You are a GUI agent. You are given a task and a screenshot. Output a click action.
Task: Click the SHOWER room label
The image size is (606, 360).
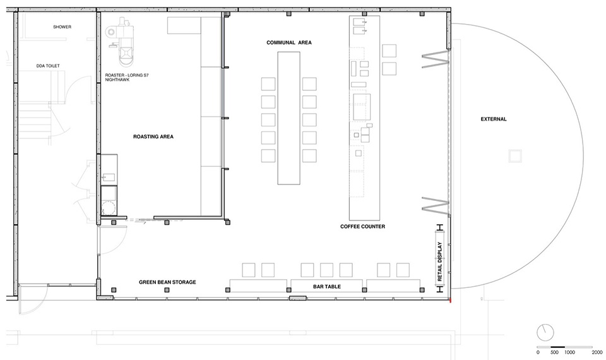[62, 27]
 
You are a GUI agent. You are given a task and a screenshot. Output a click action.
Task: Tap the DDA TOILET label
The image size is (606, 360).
[49, 66]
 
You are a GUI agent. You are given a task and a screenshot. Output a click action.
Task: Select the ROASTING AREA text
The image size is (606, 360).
[153, 136]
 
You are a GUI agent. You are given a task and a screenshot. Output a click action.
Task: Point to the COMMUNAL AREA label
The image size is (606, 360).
[289, 42]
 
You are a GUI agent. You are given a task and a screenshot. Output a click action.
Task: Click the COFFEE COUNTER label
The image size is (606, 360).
[362, 227]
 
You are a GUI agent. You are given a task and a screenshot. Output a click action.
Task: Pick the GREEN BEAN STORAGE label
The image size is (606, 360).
[167, 282]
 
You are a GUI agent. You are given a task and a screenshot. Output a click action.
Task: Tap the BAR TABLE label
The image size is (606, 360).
[327, 287]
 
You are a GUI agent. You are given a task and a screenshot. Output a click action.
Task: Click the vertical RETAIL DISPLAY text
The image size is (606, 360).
[439, 261]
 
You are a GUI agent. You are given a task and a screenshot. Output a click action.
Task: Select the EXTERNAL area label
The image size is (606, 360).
[494, 119]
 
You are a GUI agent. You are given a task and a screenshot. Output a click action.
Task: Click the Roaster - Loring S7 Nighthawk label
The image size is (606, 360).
[127, 77]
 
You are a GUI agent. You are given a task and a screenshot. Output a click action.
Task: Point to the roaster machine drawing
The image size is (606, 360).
[122, 42]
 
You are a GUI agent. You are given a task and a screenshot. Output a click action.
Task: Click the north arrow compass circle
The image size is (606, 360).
[545, 332]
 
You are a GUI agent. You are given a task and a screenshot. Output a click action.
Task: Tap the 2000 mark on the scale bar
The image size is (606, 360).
[597, 352]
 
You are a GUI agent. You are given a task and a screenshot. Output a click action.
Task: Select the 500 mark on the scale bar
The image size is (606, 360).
[554, 352]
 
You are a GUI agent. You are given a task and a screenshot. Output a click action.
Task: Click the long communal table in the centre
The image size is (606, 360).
[288, 118]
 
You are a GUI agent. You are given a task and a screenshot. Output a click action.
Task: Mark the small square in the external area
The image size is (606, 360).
[515, 156]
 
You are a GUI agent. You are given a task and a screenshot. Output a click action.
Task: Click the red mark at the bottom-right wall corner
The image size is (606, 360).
[451, 299]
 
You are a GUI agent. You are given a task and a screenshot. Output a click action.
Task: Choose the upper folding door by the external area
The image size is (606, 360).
[436, 60]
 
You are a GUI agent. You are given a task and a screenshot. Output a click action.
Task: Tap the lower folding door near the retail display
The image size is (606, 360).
[436, 205]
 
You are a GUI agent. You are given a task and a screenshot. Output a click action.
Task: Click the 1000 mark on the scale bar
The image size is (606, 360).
[569, 352]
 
